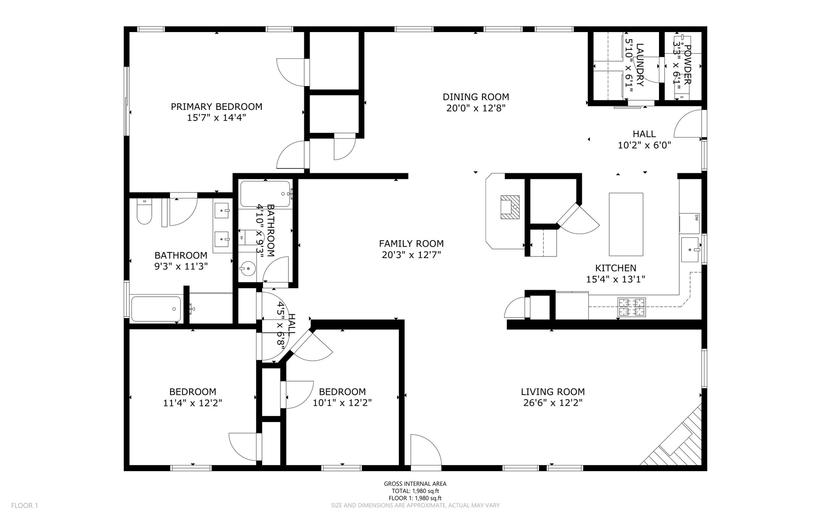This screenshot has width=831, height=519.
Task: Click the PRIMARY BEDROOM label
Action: click(216, 107)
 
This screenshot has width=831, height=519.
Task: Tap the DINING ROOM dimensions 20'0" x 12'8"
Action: click(476, 108)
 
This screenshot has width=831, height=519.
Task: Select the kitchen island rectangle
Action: click(626, 224)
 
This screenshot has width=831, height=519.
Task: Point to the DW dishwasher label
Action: click(696, 218)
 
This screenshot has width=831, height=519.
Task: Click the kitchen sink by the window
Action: click(690, 250)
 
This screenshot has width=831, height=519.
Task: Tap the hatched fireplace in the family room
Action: click(510, 207)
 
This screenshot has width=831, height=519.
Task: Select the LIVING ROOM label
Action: click(553, 392)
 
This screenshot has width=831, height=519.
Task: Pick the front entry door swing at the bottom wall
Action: click(425, 450)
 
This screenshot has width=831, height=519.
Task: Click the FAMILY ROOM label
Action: click(411, 243)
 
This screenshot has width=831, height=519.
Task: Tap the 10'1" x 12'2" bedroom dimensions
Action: click(342, 403)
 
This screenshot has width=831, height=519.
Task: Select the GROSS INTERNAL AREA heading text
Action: click(415, 484)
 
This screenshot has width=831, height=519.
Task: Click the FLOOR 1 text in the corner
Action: click(24, 506)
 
